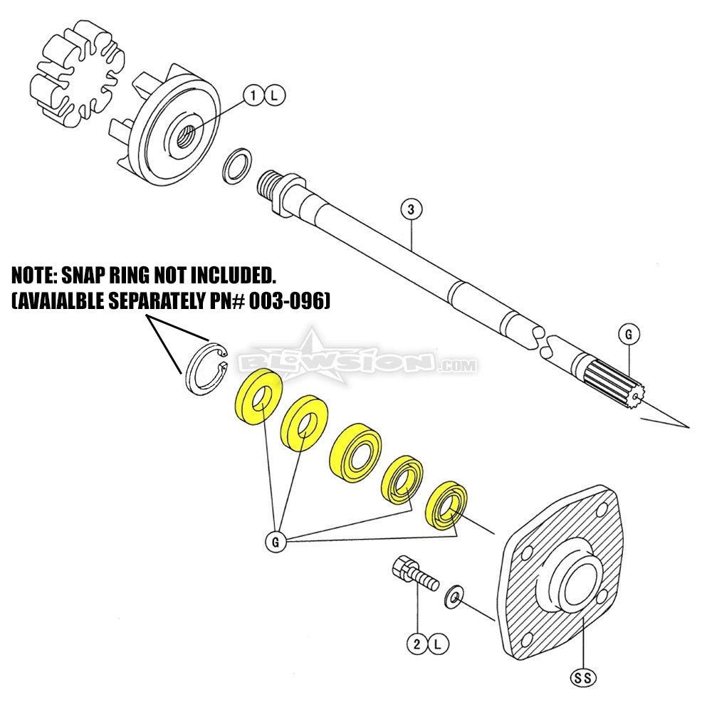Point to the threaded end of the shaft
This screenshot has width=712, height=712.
[269, 184]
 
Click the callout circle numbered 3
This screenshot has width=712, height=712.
[411, 210]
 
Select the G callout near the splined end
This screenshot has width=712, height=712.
[629, 333]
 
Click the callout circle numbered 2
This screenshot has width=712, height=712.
[416, 645]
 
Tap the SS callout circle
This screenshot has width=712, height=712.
[583, 678]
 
